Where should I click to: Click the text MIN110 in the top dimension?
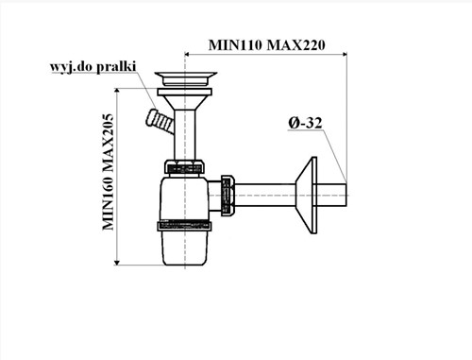235,45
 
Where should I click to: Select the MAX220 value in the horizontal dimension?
295,45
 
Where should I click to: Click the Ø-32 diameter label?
305,123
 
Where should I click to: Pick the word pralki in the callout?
116,67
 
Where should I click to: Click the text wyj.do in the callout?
72,67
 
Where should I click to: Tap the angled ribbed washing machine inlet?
160,121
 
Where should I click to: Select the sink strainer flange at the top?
186,78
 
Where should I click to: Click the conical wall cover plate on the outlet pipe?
306,196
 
